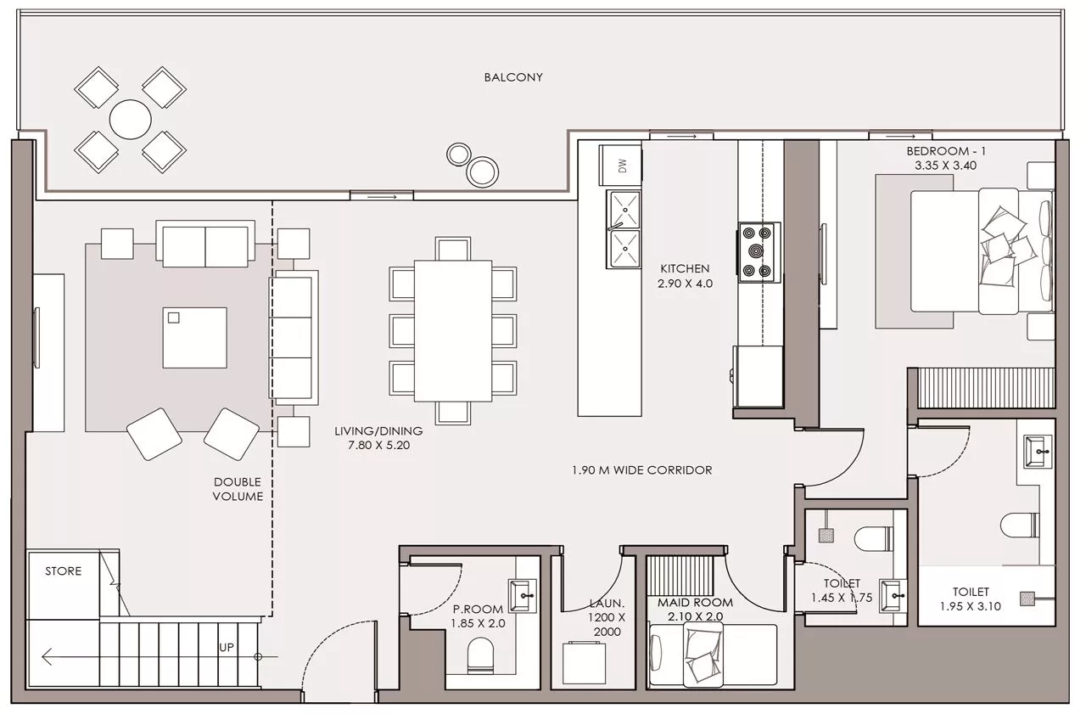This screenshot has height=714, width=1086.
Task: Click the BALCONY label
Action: point(513,77)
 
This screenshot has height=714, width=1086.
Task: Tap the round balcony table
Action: point(130,120)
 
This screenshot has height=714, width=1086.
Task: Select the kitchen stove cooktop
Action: point(759,253)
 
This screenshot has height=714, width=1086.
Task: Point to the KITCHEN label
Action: point(685,269)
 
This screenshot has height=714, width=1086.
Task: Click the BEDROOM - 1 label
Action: point(945,151)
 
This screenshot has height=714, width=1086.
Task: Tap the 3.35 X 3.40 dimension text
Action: point(945,166)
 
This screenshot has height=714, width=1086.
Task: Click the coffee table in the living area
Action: point(195,338)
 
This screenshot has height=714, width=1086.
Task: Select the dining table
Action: point(453,331)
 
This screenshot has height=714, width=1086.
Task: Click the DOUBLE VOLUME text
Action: point(238,489)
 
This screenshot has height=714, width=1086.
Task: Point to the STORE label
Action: point(63,571)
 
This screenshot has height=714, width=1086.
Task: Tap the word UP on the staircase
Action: point(227,647)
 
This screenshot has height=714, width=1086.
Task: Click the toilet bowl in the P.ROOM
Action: point(480,655)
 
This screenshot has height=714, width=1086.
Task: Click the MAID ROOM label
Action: point(695,603)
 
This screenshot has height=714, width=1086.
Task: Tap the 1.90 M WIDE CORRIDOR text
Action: point(642,470)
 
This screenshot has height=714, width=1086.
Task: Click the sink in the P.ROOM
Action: point(522,596)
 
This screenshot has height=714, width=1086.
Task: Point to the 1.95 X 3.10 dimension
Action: point(970,606)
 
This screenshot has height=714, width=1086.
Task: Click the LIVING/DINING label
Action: point(378,430)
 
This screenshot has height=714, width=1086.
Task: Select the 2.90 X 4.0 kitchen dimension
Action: point(685,284)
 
